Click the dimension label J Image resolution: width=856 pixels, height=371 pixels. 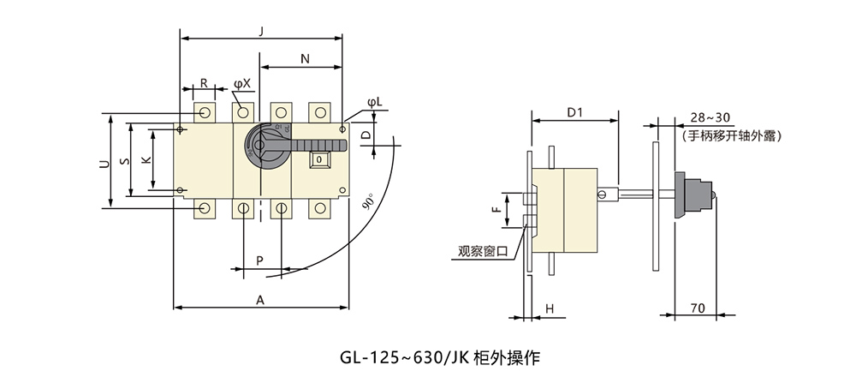click(x=260, y=31)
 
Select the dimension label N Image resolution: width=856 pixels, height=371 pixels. click(x=304, y=58)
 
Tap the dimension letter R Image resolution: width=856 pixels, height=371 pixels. click(x=204, y=83)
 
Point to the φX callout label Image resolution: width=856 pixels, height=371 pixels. click(x=242, y=83)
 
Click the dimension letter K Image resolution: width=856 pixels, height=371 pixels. click(x=145, y=160)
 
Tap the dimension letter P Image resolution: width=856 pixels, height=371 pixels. click(x=259, y=259)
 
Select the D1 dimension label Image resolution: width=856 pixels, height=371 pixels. click(x=575, y=112)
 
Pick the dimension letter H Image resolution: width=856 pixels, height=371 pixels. click(x=550, y=308)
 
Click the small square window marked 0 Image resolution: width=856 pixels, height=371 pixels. click(x=318, y=159)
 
